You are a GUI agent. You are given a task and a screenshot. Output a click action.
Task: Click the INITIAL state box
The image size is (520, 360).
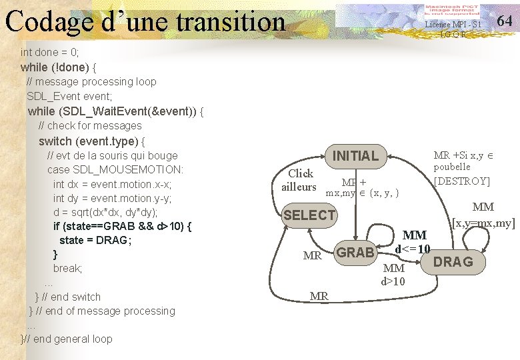[355, 156]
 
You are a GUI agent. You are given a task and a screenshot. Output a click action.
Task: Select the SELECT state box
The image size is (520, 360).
[309, 215]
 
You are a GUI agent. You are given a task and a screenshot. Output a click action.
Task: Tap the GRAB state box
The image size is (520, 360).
[355, 253]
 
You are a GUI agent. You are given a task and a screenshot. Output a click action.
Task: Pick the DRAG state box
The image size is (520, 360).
[453, 262]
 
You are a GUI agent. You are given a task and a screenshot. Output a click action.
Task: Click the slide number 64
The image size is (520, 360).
[505, 20]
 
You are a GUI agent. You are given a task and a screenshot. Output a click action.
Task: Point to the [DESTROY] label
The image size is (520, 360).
[461, 181]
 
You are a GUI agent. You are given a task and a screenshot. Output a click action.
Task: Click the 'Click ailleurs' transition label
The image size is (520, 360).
[299, 180]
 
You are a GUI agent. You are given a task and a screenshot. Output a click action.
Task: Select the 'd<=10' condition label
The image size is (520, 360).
[412, 249]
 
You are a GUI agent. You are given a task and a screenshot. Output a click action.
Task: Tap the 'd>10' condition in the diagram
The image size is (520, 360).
[393, 281]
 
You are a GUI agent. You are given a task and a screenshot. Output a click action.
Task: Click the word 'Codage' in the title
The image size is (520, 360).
[49, 21]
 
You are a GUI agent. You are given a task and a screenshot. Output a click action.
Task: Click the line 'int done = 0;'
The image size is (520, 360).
[49, 52]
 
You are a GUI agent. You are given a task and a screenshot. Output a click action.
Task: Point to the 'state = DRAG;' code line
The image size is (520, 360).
[95, 240]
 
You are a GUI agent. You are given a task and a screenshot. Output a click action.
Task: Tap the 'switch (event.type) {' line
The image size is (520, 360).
[92, 141]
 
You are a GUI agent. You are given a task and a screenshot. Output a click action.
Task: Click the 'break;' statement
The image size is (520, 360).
[67, 269]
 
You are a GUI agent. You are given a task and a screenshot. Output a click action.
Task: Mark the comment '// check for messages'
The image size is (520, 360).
[90, 125]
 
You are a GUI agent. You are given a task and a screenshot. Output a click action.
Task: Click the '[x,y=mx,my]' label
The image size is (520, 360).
[483, 223]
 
